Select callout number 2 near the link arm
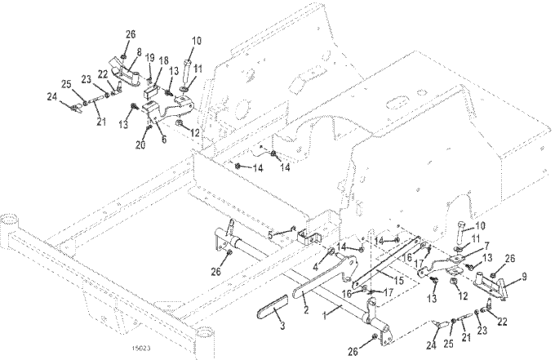tap(305, 311)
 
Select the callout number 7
tap(488, 243)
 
